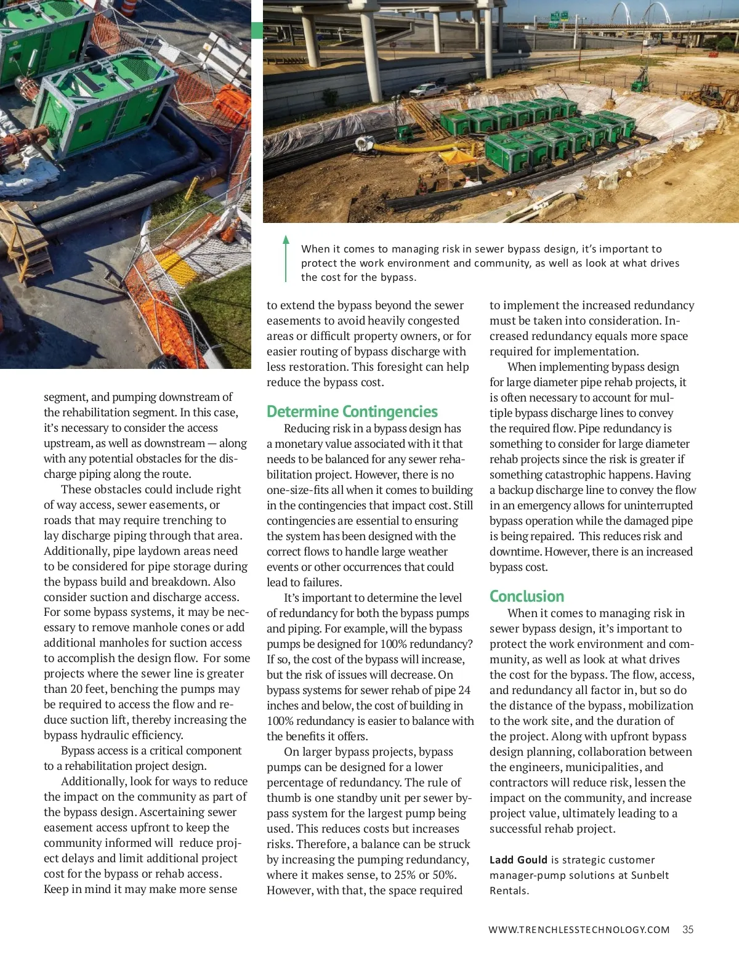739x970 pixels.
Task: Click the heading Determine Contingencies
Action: (352, 411)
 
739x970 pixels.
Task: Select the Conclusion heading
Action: (527, 596)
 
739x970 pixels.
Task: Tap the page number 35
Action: (688, 929)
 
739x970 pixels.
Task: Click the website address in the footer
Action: (579, 930)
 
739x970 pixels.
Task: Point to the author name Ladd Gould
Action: (519, 860)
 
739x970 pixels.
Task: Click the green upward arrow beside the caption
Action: (286, 258)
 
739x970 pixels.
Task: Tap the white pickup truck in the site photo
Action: (428, 91)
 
